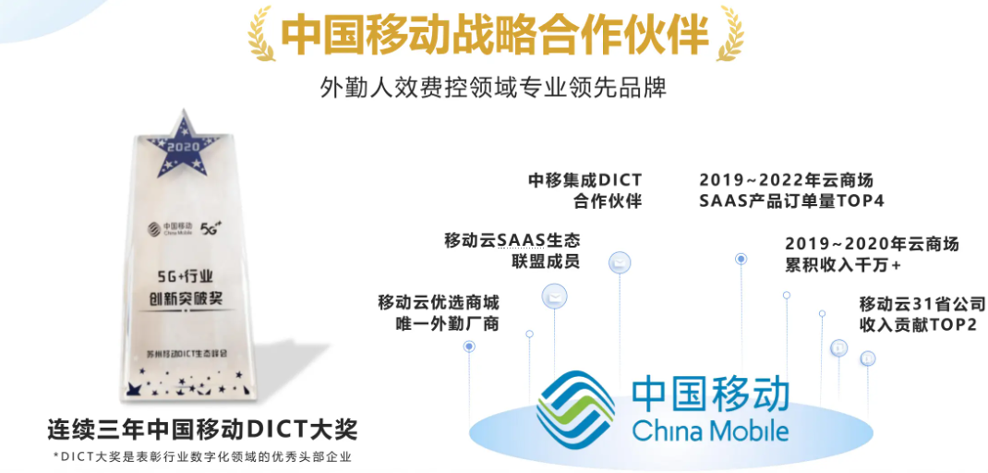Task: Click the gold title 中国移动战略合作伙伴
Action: (494, 34)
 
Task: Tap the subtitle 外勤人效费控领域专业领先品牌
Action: (493, 88)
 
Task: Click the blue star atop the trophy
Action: (188, 137)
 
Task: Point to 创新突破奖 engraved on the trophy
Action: (190, 298)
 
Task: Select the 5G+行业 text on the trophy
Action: (190, 274)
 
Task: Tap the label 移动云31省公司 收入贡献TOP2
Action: (922, 313)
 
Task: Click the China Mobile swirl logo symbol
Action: (575, 410)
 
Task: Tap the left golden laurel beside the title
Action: (260, 33)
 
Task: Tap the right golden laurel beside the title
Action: (730, 33)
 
